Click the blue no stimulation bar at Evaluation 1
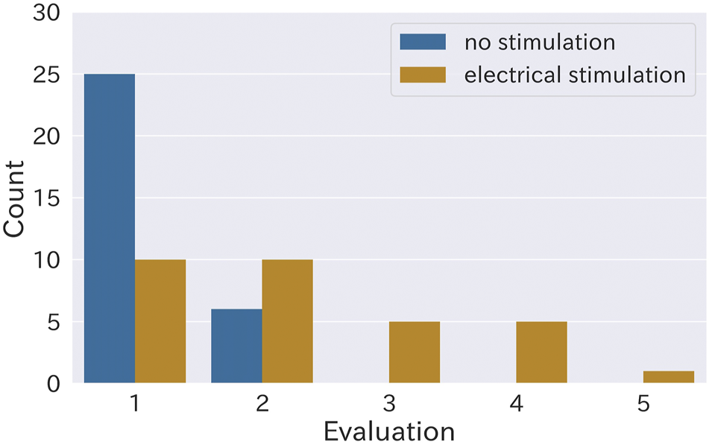pyautogui.click(x=110, y=229)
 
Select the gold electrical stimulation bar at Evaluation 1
pyautogui.click(x=160, y=321)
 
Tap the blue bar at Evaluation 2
pyautogui.click(x=236, y=346)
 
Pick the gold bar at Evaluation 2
pyautogui.click(x=287, y=321)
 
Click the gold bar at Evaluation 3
pyautogui.click(x=415, y=352)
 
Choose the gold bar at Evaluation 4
pyautogui.click(x=541, y=352)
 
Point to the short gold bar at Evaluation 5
pyautogui.click(x=669, y=377)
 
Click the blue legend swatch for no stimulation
pyautogui.click(x=423, y=42)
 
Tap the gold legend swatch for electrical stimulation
pyautogui.click(x=423, y=75)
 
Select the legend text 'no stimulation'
pyautogui.click(x=540, y=42)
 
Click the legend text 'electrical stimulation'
pyautogui.click(x=574, y=75)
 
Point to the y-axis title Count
pyautogui.click(x=16, y=198)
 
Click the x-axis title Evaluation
pyautogui.click(x=388, y=432)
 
